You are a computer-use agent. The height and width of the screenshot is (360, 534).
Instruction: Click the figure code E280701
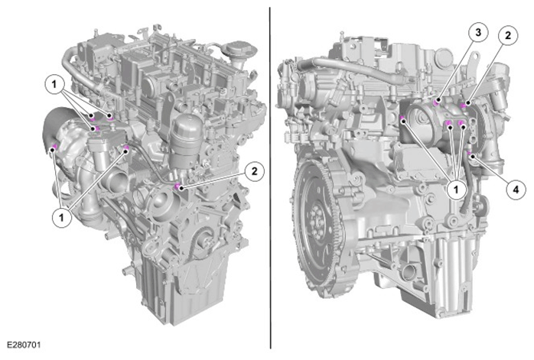coord(24,345)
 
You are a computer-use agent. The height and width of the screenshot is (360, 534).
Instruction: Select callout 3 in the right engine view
coord(478,33)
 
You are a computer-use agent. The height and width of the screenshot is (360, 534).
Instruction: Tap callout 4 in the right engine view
coord(516,190)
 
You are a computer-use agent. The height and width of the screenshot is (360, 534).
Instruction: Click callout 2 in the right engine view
coord(508,35)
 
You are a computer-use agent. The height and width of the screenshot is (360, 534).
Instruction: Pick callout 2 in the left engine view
coord(254,170)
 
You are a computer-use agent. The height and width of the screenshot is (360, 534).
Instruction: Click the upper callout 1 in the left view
coord(54,83)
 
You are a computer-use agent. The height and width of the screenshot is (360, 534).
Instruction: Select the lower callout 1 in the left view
coord(62,217)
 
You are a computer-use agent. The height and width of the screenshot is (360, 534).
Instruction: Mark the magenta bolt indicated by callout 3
coord(436,101)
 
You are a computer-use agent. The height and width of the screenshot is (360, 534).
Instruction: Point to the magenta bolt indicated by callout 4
coord(470,154)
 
